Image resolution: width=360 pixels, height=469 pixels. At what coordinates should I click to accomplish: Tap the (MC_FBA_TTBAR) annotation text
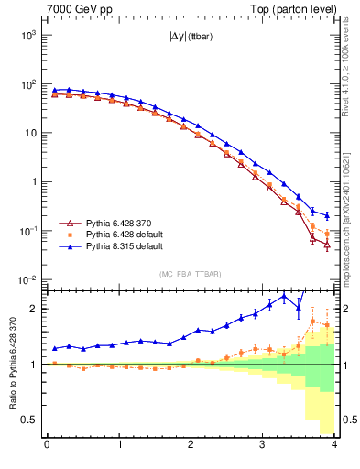pos(190,274)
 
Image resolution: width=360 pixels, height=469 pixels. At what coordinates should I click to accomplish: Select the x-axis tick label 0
pos(47,446)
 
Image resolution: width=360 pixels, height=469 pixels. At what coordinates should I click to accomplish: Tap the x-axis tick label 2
pos(191,446)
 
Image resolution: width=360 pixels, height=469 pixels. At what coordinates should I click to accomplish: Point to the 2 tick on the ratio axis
pos(33,309)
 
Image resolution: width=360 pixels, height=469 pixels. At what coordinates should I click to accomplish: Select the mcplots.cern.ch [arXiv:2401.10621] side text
pos(345,211)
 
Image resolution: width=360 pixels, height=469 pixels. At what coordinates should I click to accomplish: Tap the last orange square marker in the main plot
pos(327,234)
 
